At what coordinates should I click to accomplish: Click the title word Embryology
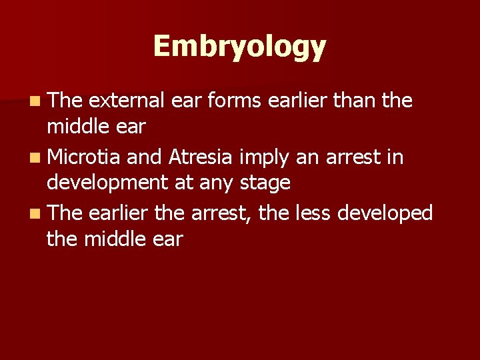[240, 47]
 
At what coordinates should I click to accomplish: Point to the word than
[355, 101]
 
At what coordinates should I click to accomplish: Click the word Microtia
[84, 157]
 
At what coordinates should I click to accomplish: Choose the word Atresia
[201, 157]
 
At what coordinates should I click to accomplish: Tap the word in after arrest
[394, 157]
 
